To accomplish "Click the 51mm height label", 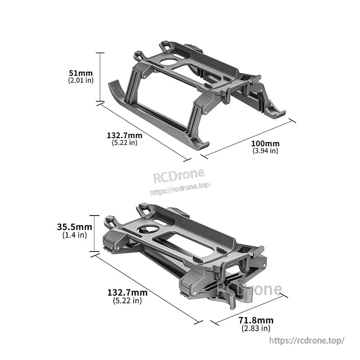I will click(81, 72).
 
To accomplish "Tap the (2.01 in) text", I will click(81, 80).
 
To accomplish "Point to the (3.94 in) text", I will click(265, 151).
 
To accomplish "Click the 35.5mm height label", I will click(75, 227).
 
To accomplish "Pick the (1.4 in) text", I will click(75, 235).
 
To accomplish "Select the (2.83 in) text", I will click(256, 328).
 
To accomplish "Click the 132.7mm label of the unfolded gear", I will click(125, 135).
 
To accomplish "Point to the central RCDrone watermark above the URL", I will click(179, 175).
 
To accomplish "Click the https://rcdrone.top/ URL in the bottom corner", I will click(307, 341).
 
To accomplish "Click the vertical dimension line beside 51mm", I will click(100, 77).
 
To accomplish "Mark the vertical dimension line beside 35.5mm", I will click(94, 234).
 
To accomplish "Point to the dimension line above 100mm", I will click(248, 138).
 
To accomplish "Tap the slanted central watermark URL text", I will click(180, 188).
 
